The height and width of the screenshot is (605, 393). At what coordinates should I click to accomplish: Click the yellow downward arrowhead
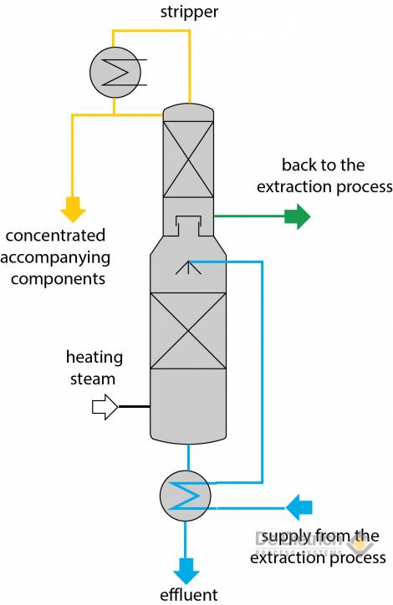click(x=73, y=209)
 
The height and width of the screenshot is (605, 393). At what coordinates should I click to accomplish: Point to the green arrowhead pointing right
click(x=297, y=217)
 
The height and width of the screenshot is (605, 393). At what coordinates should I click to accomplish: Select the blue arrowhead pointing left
click(x=299, y=506)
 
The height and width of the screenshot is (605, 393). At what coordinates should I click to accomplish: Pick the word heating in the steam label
click(x=94, y=358)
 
